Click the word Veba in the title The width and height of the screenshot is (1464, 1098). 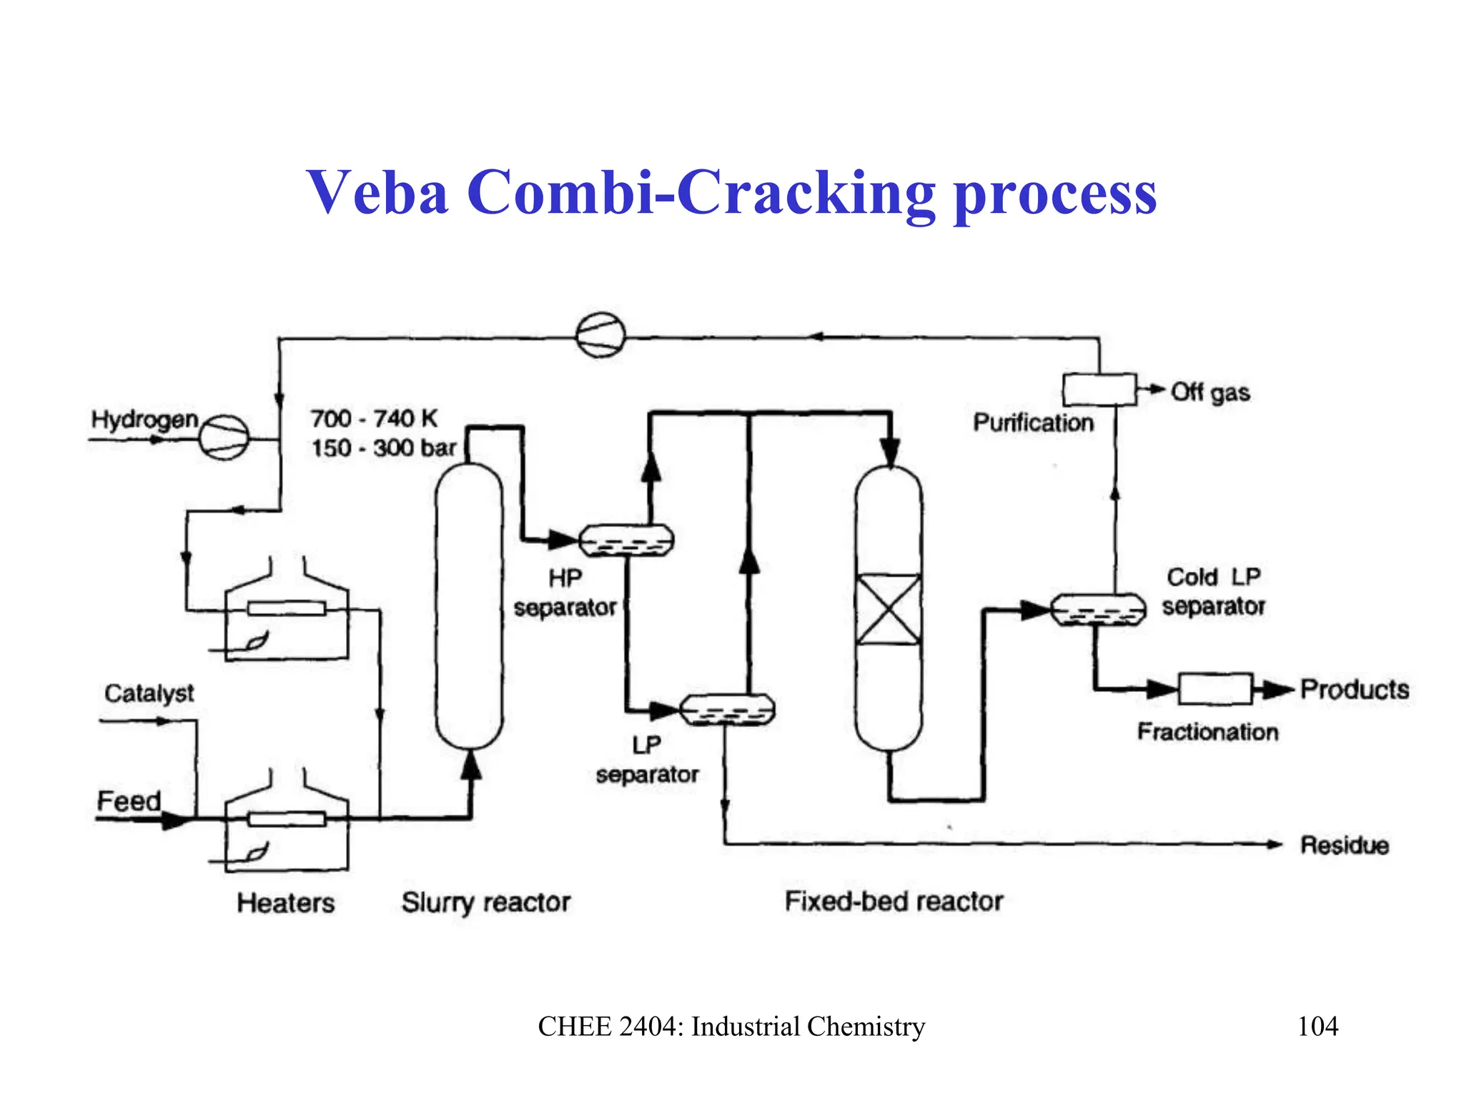pyautogui.click(x=377, y=193)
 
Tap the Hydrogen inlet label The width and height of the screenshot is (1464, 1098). pyautogui.click(x=144, y=420)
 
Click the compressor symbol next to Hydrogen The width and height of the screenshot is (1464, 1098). pyautogui.click(x=224, y=437)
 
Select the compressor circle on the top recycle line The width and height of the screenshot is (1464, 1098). pyautogui.click(x=600, y=335)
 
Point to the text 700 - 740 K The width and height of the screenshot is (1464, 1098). pyautogui.click(x=373, y=418)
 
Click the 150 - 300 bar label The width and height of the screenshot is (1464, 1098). pyautogui.click(x=383, y=448)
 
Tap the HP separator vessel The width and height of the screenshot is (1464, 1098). pyautogui.click(x=625, y=540)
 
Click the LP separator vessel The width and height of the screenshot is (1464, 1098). pyautogui.click(x=726, y=710)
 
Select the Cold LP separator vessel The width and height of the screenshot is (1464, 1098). pyautogui.click(x=1098, y=610)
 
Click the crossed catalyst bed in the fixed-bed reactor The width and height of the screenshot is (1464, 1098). pyautogui.click(x=889, y=610)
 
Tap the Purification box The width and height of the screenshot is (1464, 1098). pyautogui.click(x=1099, y=390)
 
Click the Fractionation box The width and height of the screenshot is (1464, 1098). pyautogui.click(x=1215, y=689)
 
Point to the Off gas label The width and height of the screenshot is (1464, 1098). pyautogui.click(x=1210, y=392)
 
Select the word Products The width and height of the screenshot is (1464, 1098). pyautogui.click(x=1354, y=690)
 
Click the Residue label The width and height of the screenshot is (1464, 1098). pyautogui.click(x=1344, y=846)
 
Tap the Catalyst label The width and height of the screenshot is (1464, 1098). pyautogui.click(x=149, y=693)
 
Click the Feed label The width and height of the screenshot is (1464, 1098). pyautogui.click(x=129, y=801)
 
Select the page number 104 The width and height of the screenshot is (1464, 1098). pyautogui.click(x=1317, y=1027)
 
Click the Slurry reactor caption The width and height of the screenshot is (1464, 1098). pyautogui.click(x=485, y=903)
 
